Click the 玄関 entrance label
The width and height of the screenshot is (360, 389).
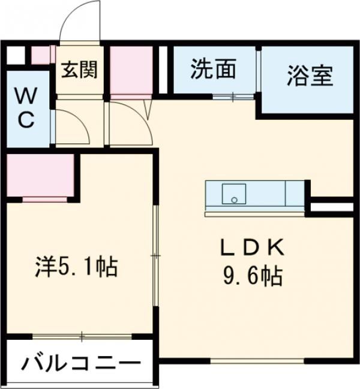pos(79,70)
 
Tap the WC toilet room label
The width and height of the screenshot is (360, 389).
pos(26,108)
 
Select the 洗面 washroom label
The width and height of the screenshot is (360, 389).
pos(213,69)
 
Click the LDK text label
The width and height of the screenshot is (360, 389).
pos(252,248)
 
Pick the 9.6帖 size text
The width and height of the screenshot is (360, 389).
pos(253,276)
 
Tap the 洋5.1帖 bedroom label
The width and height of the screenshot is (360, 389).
pos(76,267)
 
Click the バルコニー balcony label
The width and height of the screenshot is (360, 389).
pos(80,364)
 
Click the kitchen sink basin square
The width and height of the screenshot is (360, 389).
pos(234,194)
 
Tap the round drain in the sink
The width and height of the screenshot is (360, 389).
pos(234,200)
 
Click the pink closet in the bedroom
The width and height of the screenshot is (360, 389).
pos(40,175)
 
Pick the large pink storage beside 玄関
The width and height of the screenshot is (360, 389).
pos(131,70)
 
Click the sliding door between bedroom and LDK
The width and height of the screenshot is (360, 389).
pos(155,255)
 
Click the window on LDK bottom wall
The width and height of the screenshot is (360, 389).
pos(257,360)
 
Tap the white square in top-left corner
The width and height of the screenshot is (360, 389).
pos(16,55)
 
